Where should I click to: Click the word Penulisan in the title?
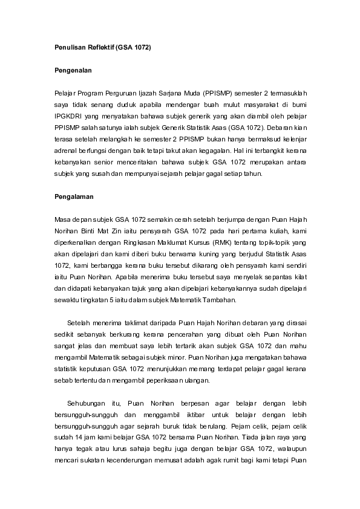[63, 47]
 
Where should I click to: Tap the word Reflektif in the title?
[96, 47]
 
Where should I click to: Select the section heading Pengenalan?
[69, 70]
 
